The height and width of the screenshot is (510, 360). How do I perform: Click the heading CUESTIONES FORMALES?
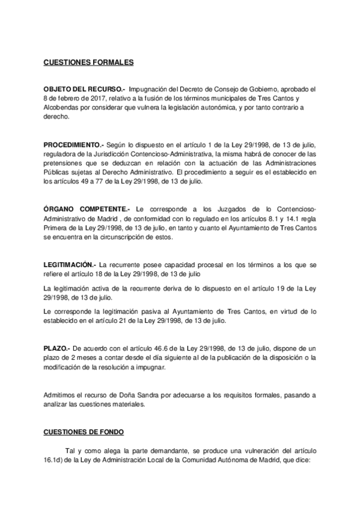pos(88,62)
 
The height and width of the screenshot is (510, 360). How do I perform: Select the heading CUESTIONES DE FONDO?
pos(84,431)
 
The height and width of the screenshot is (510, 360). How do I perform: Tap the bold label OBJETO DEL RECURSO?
pos(84,88)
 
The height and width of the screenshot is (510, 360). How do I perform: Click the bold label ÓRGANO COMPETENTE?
pos(87,207)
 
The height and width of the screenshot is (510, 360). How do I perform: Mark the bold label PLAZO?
pos(57,348)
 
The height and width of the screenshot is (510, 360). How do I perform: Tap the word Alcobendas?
pos(60,108)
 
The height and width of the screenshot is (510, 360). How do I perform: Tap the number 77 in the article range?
pos(90,182)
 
